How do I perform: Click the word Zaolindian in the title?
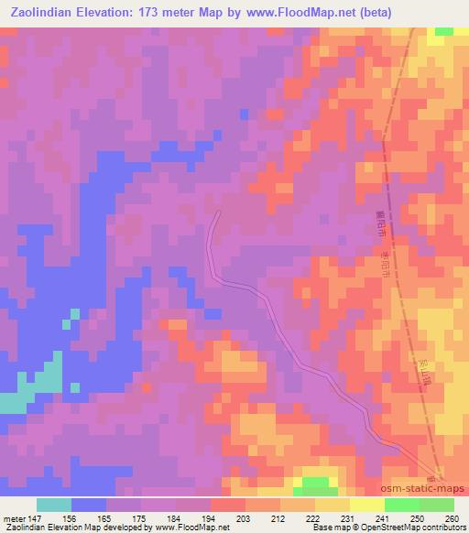point(45,13)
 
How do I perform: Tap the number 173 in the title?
point(158,13)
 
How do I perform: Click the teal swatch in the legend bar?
point(54,505)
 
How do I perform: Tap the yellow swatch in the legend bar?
point(366,505)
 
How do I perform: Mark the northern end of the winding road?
point(218,212)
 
